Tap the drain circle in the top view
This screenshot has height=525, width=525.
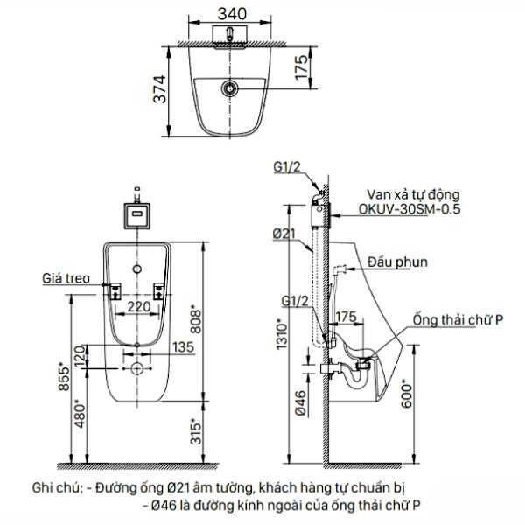230,88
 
